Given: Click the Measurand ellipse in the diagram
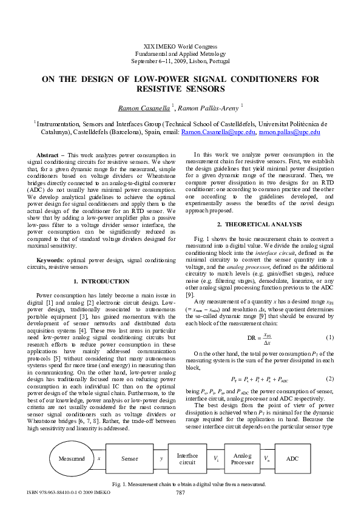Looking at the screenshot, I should point(72,459).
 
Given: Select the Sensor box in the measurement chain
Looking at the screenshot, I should point(129,459).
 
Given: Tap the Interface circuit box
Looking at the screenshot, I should point(187,459).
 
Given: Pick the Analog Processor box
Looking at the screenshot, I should point(242,459).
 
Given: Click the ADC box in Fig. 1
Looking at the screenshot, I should point(292,459).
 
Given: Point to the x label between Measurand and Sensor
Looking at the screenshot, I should point(98,458).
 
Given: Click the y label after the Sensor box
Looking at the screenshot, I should point(161,459).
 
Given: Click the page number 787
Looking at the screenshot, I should point(180,492).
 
